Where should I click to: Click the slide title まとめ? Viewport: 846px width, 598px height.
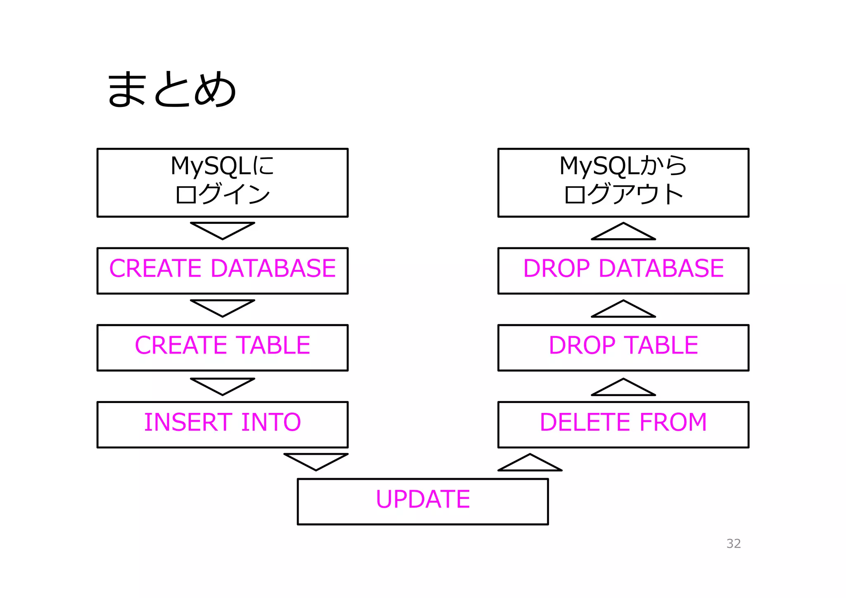click(x=171, y=90)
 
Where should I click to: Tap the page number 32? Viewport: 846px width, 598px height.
click(x=733, y=543)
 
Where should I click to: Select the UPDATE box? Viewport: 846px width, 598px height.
click(x=423, y=501)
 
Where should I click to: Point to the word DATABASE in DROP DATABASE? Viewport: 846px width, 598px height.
click(x=661, y=268)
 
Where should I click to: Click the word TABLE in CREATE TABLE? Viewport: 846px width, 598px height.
click(x=273, y=345)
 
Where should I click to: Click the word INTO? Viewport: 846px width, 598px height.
click(x=271, y=422)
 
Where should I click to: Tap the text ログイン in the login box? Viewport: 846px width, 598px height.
click(x=223, y=194)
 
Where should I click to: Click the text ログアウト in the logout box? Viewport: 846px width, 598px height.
click(x=623, y=194)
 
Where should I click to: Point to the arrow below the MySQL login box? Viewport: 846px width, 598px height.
click(x=222, y=230)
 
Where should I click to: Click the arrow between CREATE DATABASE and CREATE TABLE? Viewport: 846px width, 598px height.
click(x=222, y=307)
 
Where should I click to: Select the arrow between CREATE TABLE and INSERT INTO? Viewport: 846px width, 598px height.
click(x=222, y=385)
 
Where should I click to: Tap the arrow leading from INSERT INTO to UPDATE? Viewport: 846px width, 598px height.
click(x=316, y=460)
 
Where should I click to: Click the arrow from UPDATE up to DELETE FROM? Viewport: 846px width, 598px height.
click(x=530, y=464)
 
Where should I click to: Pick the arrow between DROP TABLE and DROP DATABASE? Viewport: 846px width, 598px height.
click(x=623, y=310)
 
